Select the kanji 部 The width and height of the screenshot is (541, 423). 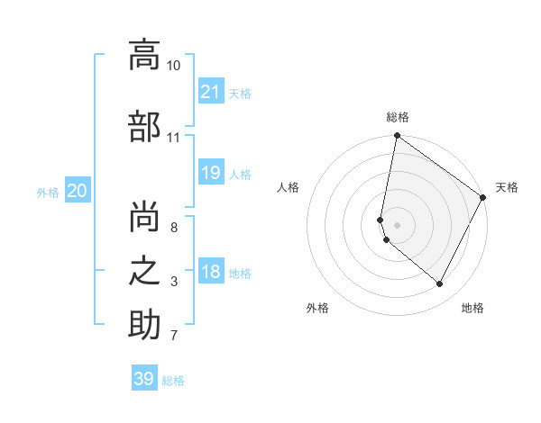(144, 126)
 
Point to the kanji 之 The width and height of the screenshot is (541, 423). (144, 270)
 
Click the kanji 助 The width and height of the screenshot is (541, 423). (144, 325)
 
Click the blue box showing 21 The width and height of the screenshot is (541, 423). (210, 92)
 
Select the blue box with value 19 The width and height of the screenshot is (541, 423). (210, 173)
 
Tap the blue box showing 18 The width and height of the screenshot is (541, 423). (210, 272)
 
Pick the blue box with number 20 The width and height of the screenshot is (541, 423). (77, 191)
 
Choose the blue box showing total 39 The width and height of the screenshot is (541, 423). (143, 379)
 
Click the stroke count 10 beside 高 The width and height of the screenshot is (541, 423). (173, 66)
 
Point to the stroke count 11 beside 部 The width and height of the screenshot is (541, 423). (173, 138)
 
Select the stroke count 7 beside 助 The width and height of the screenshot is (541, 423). (174, 337)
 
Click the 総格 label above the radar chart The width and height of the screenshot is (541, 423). (398, 117)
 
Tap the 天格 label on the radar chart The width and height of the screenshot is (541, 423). (507, 187)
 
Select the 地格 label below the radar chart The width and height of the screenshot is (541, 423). (472, 308)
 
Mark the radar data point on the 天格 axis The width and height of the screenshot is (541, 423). (483, 198)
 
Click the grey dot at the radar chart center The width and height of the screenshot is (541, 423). (398, 225)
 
